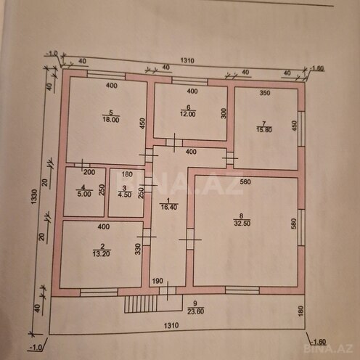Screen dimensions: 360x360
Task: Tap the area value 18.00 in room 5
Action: click(x=110, y=121)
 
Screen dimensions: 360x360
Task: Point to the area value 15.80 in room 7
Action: click(x=263, y=130)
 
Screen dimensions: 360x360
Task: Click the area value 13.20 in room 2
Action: click(x=99, y=255)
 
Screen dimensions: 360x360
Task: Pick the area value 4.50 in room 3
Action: click(x=125, y=194)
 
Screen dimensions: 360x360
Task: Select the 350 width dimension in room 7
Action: click(x=264, y=94)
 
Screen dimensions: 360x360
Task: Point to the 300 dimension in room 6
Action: click(x=224, y=114)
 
